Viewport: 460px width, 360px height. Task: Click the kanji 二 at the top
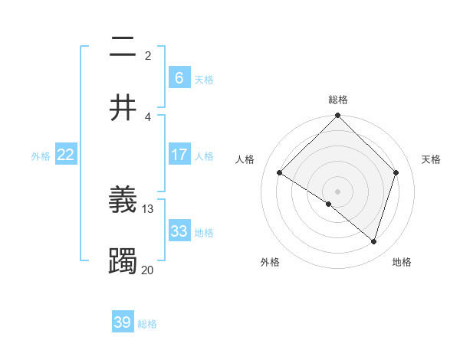coord(123,47)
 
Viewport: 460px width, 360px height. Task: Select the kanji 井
coord(123,108)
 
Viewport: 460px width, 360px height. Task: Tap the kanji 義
coord(123,201)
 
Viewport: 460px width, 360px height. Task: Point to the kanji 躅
coord(123,261)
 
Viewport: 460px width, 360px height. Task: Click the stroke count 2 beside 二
coord(148,55)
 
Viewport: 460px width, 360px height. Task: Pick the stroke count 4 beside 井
coord(148,116)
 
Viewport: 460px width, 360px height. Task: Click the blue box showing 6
coord(179,77)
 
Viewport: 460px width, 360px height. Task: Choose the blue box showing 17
coord(179,155)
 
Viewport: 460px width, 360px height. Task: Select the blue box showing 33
coord(179,231)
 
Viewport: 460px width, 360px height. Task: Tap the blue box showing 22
coord(66,155)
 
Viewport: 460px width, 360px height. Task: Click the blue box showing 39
coord(123,322)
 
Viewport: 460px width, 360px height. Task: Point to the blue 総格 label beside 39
coord(147,324)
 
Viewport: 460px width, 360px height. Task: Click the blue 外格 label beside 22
coord(41,155)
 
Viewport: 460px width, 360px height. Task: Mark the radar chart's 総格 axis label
coord(337,100)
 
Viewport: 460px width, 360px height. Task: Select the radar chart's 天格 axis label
coord(431,159)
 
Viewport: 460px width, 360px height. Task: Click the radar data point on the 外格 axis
coord(329,204)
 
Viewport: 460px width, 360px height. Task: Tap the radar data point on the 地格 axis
coord(373,241)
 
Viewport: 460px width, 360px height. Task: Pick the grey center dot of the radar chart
coord(337,191)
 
